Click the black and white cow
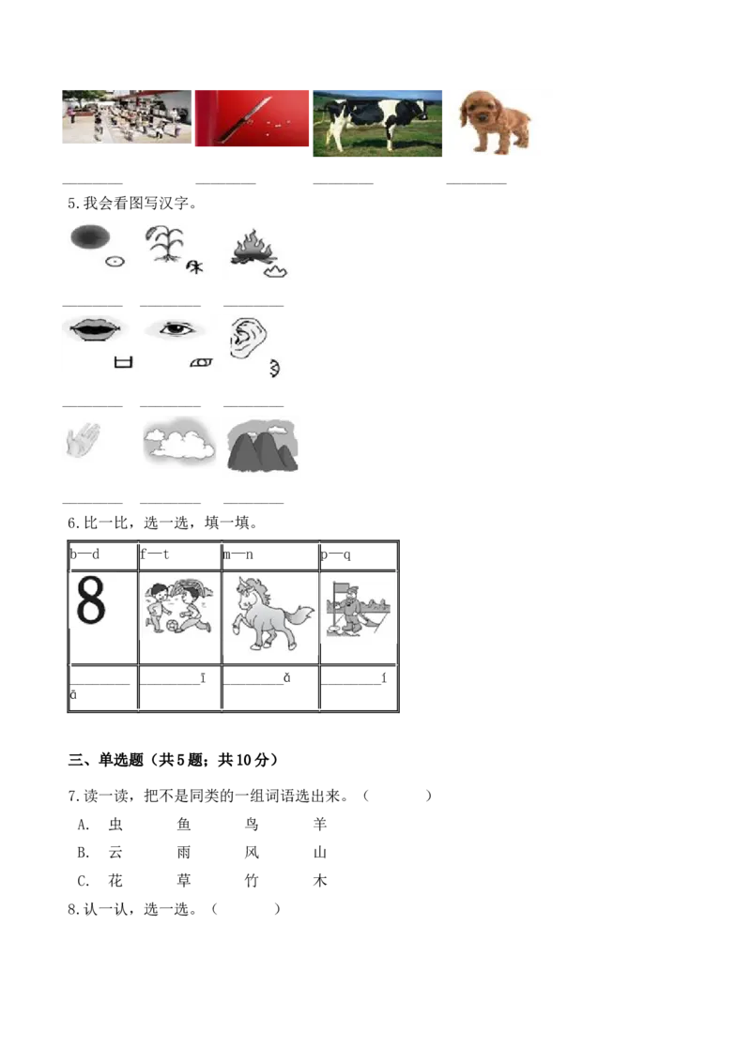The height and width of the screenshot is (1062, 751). click(375, 120)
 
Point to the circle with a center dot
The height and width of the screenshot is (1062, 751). click(114, 263)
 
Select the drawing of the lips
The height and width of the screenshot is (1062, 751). click(94, 328)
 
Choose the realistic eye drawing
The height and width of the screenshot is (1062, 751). click(176, 329)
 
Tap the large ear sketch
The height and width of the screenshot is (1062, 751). click(242, 338)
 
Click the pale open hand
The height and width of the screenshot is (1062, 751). click(82, 441)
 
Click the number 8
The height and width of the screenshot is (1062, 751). click(92, 601)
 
